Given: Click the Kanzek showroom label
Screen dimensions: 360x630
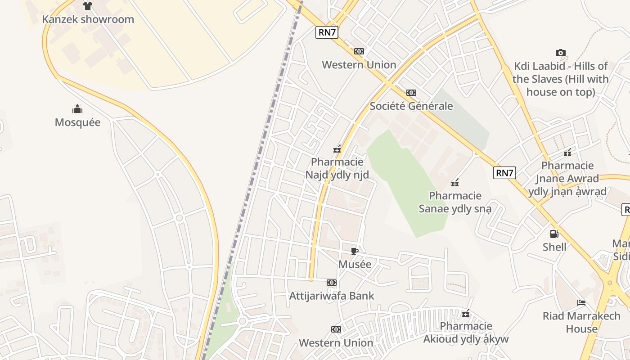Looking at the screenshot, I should (x=88, y=19).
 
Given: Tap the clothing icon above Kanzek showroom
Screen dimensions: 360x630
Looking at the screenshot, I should (x=88, y=6).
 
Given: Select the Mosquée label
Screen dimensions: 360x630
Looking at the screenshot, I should (x=77, y=122).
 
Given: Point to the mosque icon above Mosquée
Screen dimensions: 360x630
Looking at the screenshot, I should (x=77, y=109).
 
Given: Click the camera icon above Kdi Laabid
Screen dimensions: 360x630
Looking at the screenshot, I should (x=560, y=53).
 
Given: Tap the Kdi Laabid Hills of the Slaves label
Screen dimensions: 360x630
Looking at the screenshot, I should (x=560, y=79).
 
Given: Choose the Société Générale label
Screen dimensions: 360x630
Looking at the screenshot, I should (x=411, y=106).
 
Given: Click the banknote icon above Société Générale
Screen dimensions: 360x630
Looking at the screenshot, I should (x=411, y=93).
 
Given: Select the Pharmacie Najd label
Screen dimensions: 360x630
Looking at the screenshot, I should (x=337, y=168).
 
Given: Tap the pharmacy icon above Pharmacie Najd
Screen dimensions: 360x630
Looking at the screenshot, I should (x=337, y=149).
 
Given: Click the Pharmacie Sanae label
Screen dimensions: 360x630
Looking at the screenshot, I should (x=455, y=202).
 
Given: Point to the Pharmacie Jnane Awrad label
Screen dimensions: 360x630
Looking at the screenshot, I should (x=567, y=179).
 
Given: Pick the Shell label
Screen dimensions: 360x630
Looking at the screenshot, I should (x=554, y=247).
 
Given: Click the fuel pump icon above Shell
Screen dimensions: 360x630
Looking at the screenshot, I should (x=554, y=234).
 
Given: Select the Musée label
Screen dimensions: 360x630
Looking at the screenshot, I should (x=355, y=264).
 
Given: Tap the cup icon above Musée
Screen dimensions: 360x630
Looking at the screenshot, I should (x=355, y=251).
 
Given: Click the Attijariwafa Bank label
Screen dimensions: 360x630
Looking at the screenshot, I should (x=332, y=296).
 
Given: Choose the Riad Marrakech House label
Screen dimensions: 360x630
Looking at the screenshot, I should (x=581, y=322).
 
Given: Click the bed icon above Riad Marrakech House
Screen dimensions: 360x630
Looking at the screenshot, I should (x=581, y=303).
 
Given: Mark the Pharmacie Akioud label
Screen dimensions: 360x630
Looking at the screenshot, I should (x=466, y=333).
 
